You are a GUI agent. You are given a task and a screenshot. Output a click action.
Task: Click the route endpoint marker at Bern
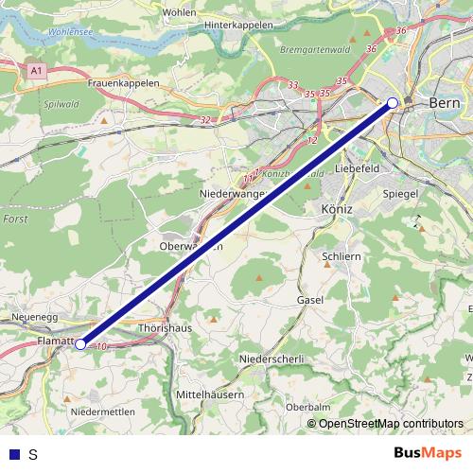point(393,103)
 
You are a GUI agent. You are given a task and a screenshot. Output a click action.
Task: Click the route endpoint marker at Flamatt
point(81,344)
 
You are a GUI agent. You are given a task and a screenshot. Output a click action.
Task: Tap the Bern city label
point(444,102)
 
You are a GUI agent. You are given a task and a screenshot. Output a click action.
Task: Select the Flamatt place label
point(55,338)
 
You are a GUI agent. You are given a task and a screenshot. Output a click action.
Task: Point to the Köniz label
point(337,208)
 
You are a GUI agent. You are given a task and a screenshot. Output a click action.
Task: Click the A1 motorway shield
point(36,70)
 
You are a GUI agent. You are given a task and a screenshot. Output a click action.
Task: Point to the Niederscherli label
point(272,359)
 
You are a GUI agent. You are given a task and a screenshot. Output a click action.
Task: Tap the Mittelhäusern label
point(210,393)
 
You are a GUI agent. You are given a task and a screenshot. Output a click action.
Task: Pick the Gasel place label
point(309,300)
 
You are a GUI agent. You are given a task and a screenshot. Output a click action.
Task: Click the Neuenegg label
point(36,318)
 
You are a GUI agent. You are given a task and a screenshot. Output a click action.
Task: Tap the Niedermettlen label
point(103,412)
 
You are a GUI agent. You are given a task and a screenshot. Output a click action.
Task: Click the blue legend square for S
point(13,454)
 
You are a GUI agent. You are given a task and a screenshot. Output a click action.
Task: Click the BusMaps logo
point(428,453)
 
